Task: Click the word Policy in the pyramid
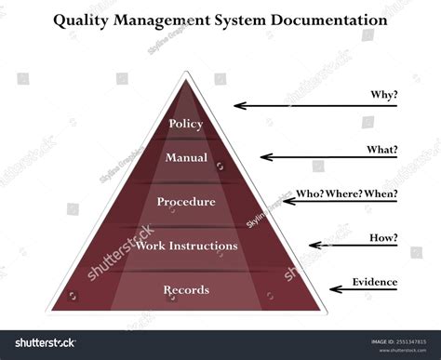186,124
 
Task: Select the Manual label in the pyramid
186,158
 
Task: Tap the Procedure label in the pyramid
186,201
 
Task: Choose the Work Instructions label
186,246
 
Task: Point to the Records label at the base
186,290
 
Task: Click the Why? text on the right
382,94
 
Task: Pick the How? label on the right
382,237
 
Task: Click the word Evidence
375,282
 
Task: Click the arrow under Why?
315,106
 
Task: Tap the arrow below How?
354,246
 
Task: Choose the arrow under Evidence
364,289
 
